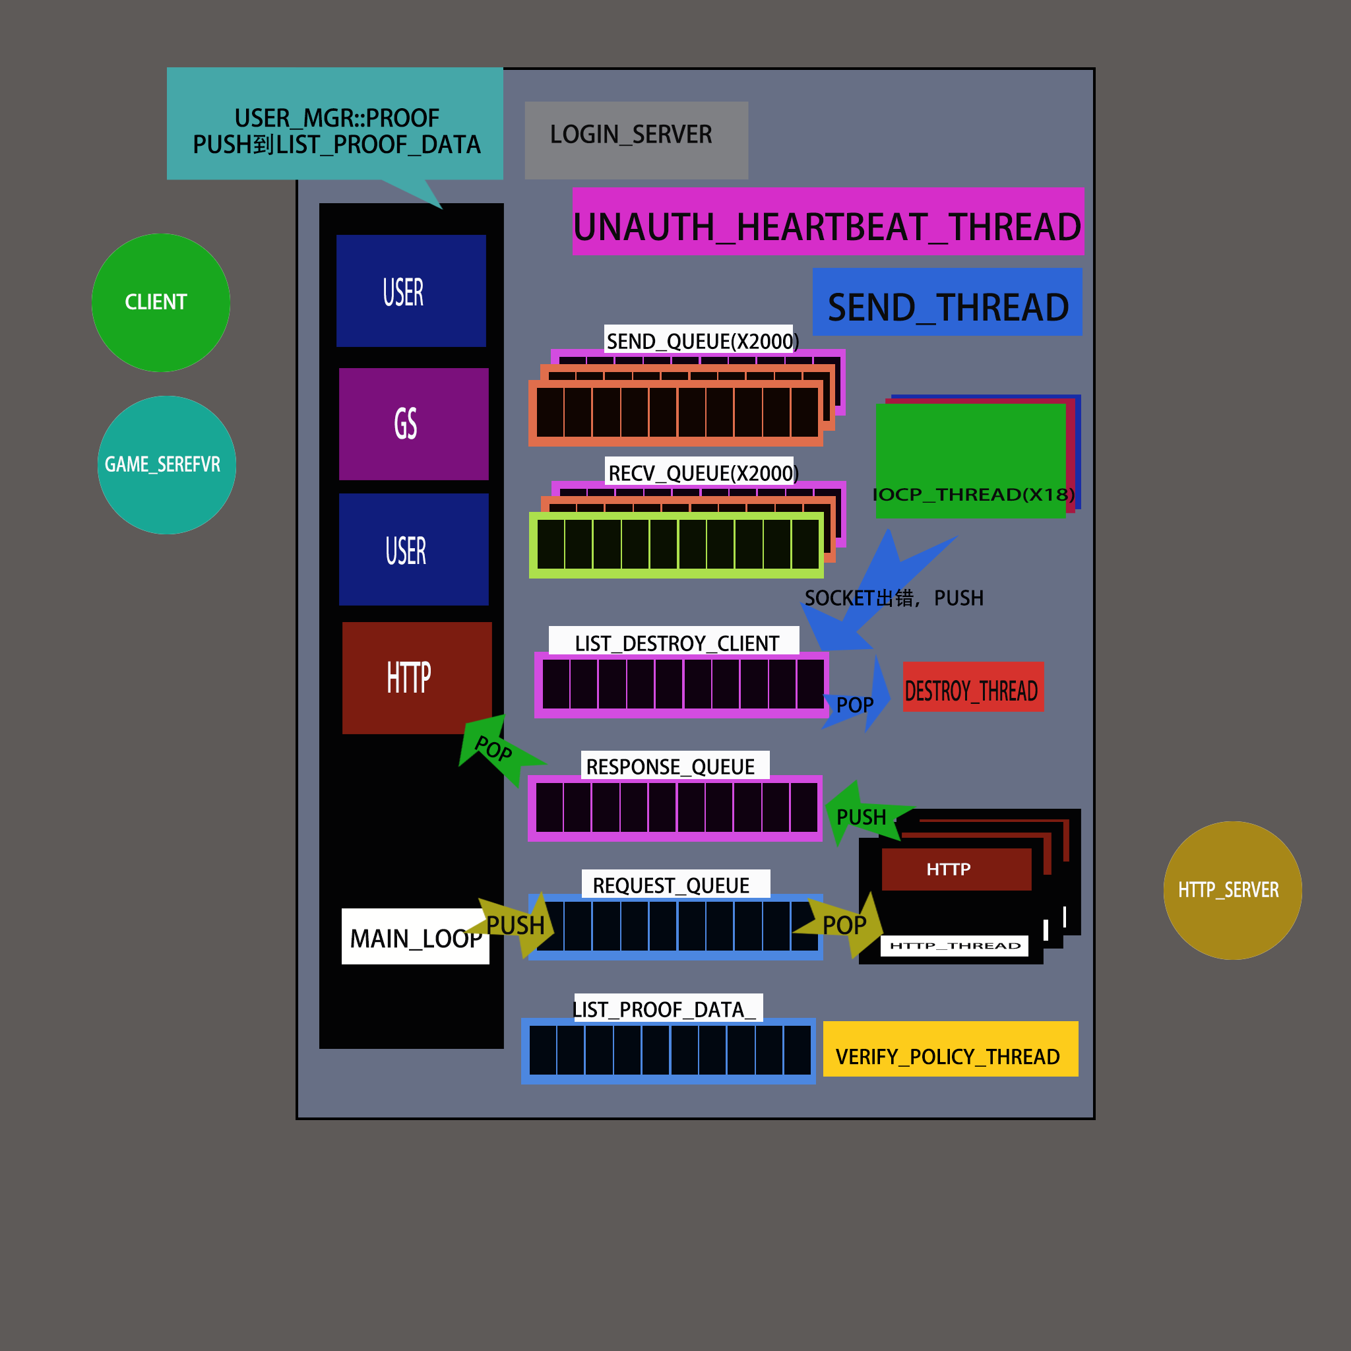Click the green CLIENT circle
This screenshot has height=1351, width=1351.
(x=161, y=303)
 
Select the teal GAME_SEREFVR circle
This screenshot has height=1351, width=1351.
(x=166, y=465)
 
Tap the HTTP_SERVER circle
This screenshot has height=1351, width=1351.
(x=1232, y=890)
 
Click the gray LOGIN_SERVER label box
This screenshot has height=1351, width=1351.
(x=637, y=140)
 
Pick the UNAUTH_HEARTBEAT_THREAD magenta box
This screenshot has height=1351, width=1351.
(x=829, y=222)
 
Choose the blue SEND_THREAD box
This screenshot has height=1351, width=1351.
(x=947, y=302)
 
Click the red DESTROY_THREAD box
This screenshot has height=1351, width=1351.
(x=973, y=687)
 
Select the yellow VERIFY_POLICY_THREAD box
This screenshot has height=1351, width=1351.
(x=951, y=1049)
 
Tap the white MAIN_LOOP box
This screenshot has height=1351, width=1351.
(x=415, y=936)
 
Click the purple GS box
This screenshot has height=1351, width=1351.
(x=413, y=424)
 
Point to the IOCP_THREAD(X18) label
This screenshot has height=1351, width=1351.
(x=974, y=494)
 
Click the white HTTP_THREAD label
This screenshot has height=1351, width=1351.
(x=955, y=945)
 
